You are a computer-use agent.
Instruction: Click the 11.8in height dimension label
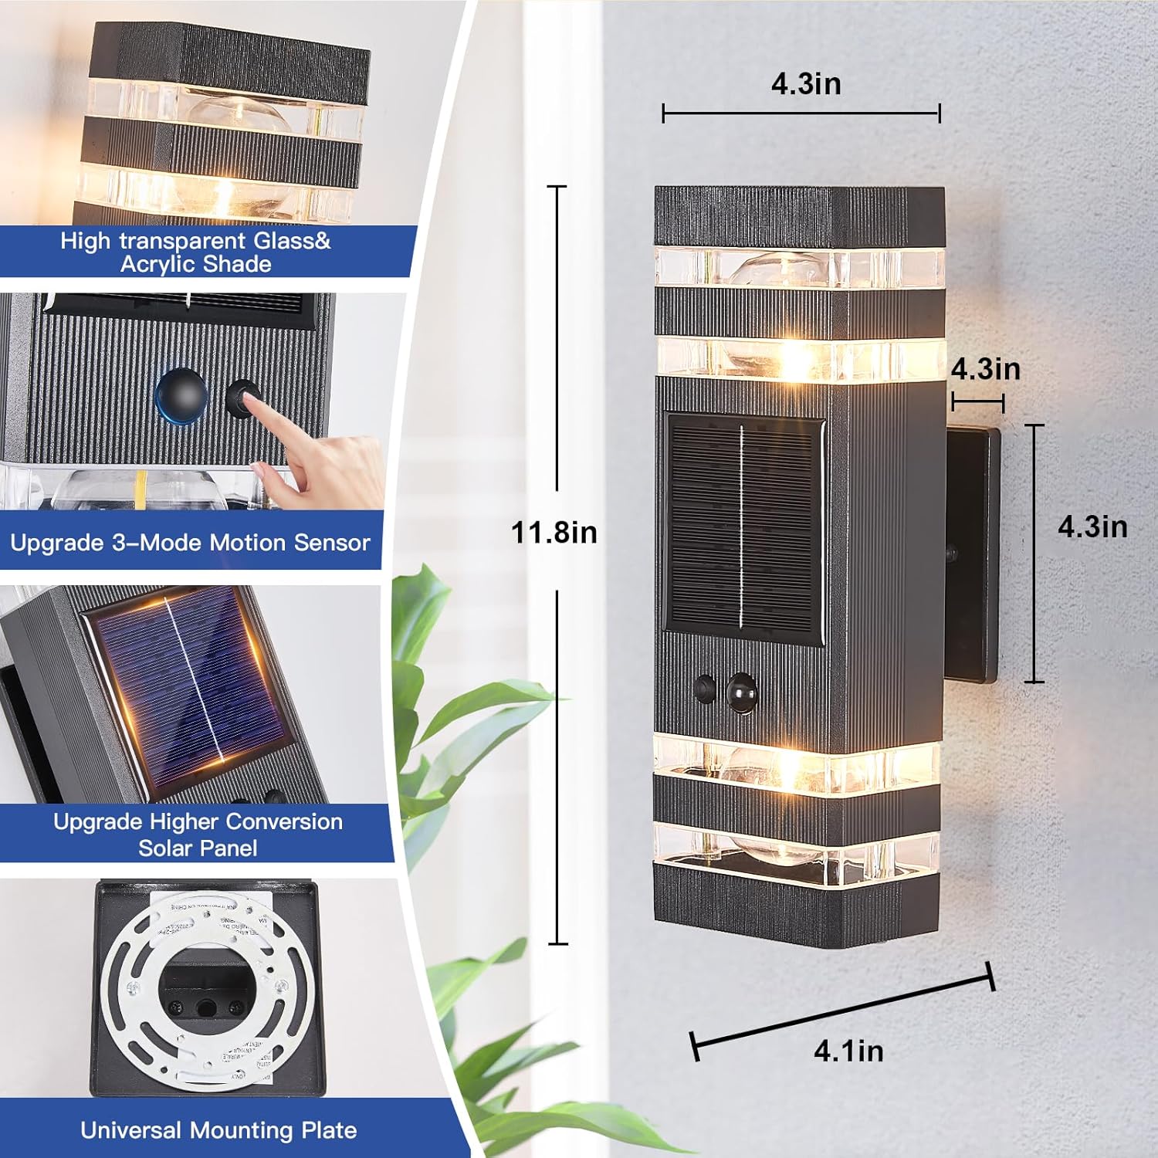pyautogui.click(x=554, y=533)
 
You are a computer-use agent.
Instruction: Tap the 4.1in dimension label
pyautogui.click(x=848, y=1051)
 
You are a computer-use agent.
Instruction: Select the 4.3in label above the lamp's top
pyautogui.click(x=806, y=83)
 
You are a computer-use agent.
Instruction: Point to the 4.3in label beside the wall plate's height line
pyautogui.click(x=1092, y=527)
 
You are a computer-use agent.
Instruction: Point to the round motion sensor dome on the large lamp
pyautogui.click(x=741, y=692)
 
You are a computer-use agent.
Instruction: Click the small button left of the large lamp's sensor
pyautogui.click(x=704, y=688)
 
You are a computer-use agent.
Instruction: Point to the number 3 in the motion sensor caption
pyautogui.click(x=119, y=543)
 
